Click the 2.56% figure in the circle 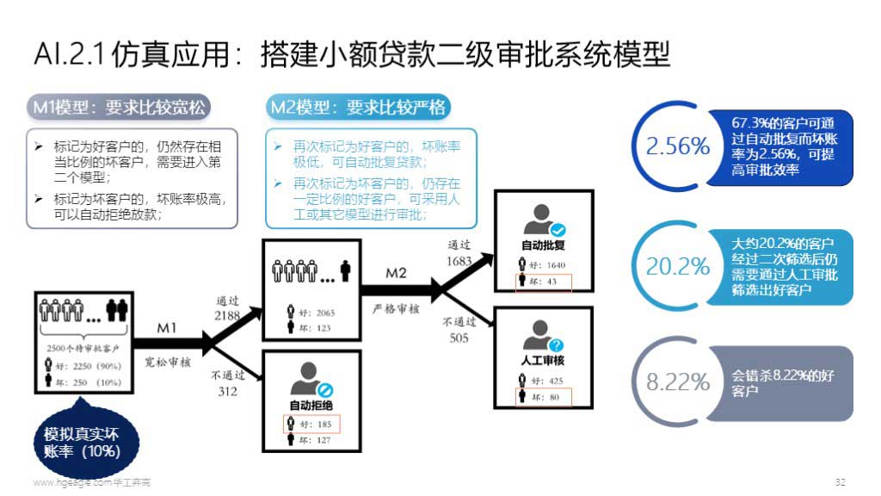(678, 146)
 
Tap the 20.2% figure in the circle (678, 266)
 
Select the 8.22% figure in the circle (678, 382)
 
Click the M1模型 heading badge (119, 107)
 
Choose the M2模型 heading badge (358, 107)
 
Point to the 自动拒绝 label (311, 405)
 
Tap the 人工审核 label (542, 360)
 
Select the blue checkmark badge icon (558, 230)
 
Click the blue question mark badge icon (558, 346)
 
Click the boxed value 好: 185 (311, 424)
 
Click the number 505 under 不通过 (459, 338)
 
